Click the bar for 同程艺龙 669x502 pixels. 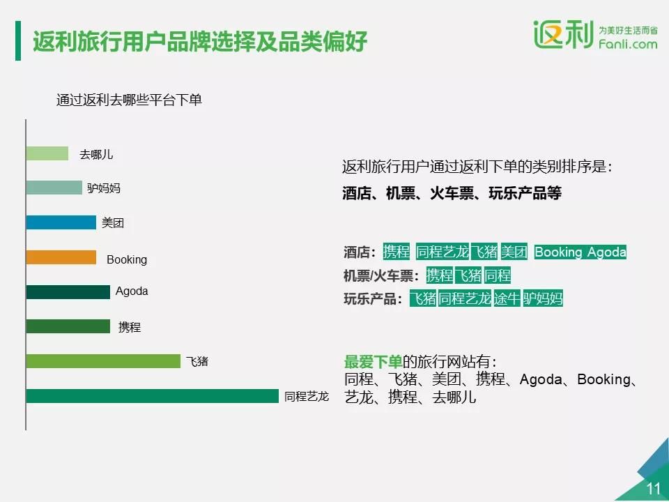click(x=153, y=396)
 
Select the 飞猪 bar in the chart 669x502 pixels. click(x=103, y=361)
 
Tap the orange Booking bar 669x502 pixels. click(x=61, y=257)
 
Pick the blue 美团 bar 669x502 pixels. click(x=61, y=222)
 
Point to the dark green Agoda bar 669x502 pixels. click(x=68, y=292)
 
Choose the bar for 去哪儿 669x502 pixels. click(x=47, y=153)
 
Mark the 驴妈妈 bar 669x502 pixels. click(x=54, y=188)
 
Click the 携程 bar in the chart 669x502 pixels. click(x=68, y=326)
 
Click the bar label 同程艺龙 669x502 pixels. click(x=307, y=397)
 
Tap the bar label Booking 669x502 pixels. click(x=127, y=259)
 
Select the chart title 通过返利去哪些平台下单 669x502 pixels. click(x=129, y=100)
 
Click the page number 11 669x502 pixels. click(x=653, y=488)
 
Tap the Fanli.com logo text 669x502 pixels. click(x=628, y=44)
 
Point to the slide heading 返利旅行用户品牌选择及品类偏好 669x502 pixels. click(x=200, y=41)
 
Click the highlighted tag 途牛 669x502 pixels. click(x=507, y=298)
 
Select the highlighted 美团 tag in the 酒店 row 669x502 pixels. click(x=514, y=252)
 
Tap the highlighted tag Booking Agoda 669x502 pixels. click(x=580, y=252)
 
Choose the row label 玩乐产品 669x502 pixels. click(x=373, y=299)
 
